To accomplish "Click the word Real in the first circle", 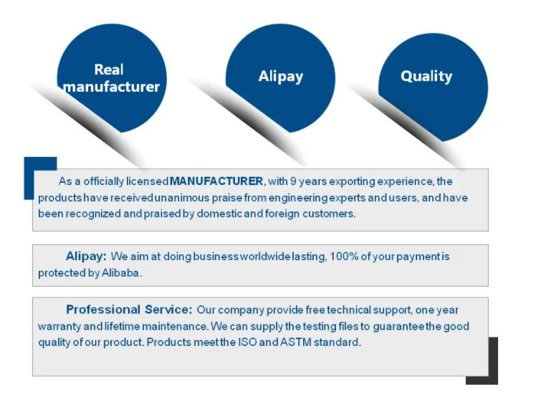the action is pos(109,70).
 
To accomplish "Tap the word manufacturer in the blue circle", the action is pos(112,87).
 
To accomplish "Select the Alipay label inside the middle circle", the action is pos(281,77).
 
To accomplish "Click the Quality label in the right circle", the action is pos(426,76).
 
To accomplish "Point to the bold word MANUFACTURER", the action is pos(216,181).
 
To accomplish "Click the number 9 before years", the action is pos(293,181).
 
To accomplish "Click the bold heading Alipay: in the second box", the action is pos(86,256).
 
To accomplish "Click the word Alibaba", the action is pos(120,273).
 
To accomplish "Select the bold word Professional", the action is pos(103,310).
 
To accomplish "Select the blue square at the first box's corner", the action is pos(40,178).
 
